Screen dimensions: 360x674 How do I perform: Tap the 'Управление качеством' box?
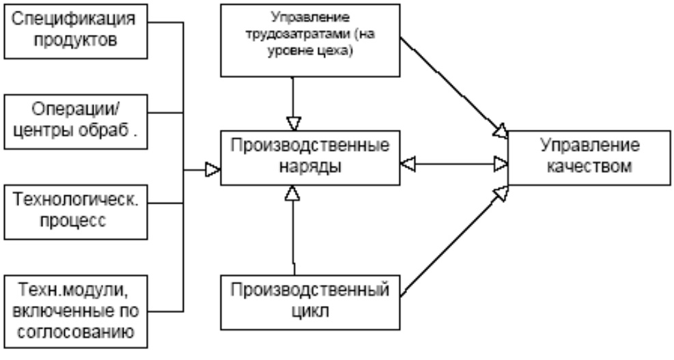[x=590, y=157]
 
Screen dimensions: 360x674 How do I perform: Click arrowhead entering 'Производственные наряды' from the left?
[x=211, y=168]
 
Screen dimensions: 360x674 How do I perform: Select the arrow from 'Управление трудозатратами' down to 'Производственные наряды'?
[x=292, y=102]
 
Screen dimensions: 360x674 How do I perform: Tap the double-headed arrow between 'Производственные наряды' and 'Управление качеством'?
[x=454, y=163]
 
